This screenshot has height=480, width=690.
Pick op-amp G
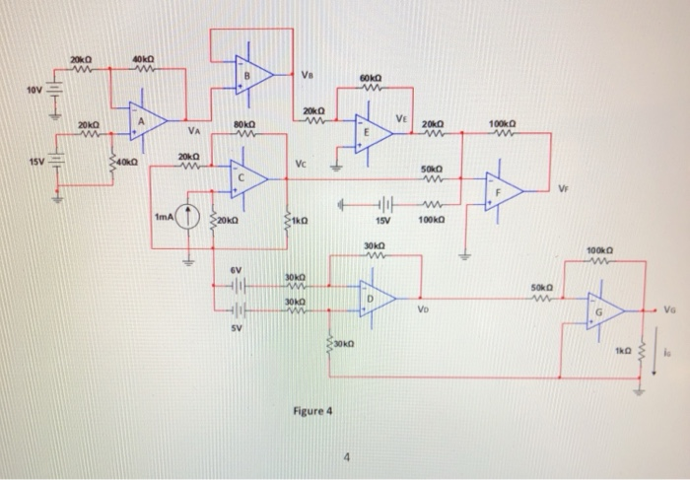click(x=604, y=310)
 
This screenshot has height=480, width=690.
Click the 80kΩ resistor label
click(x=244, y=125)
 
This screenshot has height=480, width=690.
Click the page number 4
click(x=346, y=456)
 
